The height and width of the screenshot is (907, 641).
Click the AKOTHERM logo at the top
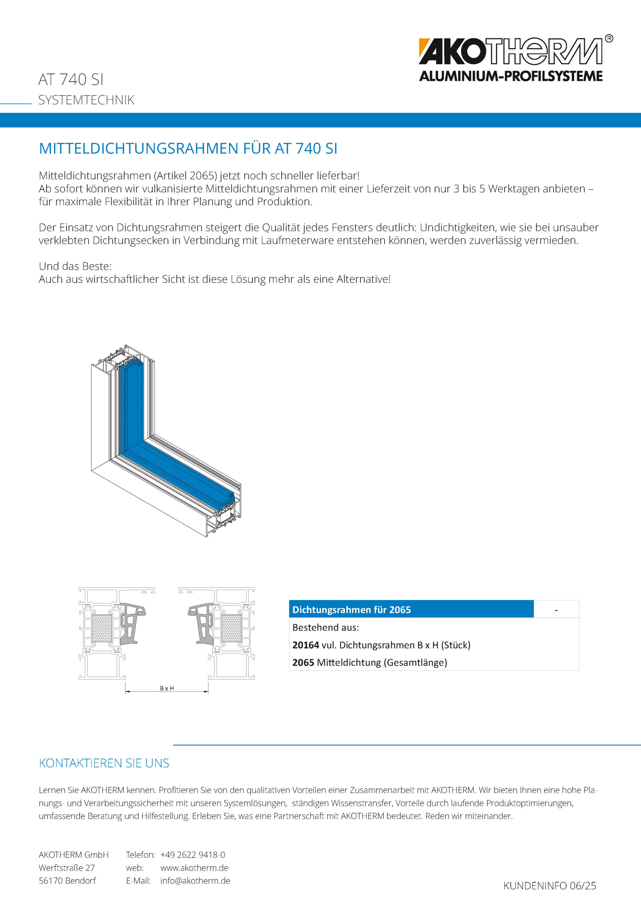[510, 51]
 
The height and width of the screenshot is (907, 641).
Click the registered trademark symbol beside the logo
[609, 39]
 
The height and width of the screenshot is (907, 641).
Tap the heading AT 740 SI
[71, 79]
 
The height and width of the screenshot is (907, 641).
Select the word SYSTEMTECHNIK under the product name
[86, 100]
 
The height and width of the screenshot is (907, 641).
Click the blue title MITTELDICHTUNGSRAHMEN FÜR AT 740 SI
[188, 148]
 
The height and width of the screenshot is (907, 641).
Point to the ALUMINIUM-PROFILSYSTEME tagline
[511, 76]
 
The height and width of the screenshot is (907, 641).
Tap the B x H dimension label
[167, 688]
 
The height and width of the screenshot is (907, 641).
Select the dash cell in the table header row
[556, 609]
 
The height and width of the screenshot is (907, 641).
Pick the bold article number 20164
[305, 645]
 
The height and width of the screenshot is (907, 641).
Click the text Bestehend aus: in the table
[325, 627]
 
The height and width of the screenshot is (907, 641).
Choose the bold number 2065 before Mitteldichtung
[303, 663]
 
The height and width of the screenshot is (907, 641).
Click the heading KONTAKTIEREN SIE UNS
[104, 763]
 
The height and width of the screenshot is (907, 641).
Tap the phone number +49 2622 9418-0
[192, 855]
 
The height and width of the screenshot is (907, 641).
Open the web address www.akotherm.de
[194, 868]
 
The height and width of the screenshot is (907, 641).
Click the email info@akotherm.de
[195, 880]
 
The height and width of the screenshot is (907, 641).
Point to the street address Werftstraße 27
[67, 868]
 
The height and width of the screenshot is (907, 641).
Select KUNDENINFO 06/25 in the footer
[549, 886]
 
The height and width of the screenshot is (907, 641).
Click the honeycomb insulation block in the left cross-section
[102, 628]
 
